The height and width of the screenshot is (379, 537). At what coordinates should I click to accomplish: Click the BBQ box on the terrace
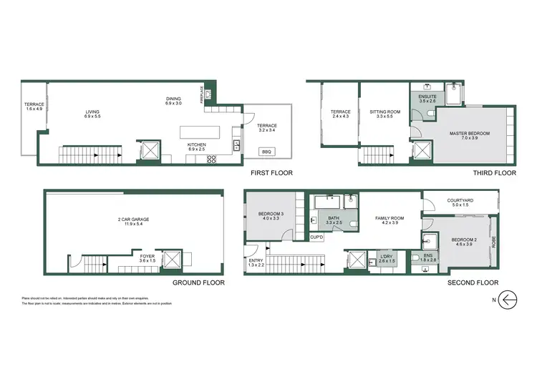pos(266,151)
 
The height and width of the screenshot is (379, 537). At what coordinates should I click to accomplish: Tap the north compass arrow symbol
pos(507,298)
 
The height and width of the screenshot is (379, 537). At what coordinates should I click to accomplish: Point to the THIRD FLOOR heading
pos(495,173)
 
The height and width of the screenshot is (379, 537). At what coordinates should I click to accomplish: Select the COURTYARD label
pos(458,203)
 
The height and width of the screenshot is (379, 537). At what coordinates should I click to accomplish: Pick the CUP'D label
pos(316,237)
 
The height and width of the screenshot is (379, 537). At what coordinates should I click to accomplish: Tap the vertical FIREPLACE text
pos(203,95)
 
